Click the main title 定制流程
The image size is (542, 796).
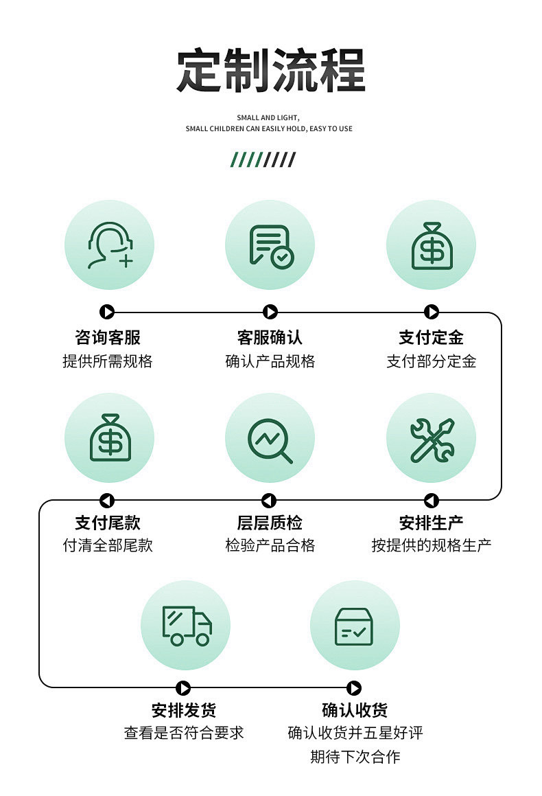pyautogui.click(x=270, y=70)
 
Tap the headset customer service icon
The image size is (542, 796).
pyautogui.click(x=109, y=245)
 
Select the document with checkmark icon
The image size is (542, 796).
pyautogui.click(x=270, y=245)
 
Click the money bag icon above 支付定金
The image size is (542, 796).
pyautogui.click(x=432, y=245)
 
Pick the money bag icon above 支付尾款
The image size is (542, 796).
pyautogui.click(x=109, y=437)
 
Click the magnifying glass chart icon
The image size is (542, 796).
pyautogui.click(x=270, y=438)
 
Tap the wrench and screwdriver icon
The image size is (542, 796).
pyautogui.click(x=432, y=438)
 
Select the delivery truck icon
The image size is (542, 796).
pyautogui.click(x=186, y=625)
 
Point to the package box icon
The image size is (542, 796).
pyautogui.click(x=354, y=625)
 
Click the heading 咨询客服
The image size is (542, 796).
pyautogui.click(x=108, y=337)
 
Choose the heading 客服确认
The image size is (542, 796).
pyautogui.click(x=270, y=337)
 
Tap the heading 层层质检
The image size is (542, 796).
pyautogui.click(x=270, y=523)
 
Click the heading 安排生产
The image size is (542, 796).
pyautogui.click(x=432, y=523)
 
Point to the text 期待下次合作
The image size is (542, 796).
pyautogui.click(x=355, y=757)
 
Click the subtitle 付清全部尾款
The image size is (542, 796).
pyautogui.click(x=108, y=545)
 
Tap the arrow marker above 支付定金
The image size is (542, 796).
pyautogui.click(x=432, y=312)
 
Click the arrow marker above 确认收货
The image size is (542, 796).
pyautogui.click(x=354, y=688)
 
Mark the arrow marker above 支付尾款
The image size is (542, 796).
pyautogui.click(x=107, y=501)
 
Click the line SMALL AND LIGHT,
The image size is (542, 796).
pyautogui.click(x=268, y=118)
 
